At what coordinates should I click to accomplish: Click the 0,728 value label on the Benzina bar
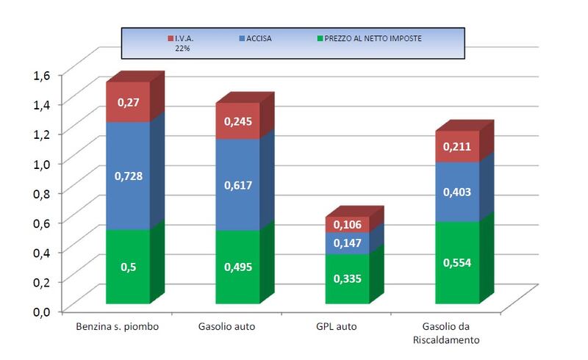128,176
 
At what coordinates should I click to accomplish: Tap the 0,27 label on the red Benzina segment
128,102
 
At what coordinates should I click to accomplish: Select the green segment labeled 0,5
128,266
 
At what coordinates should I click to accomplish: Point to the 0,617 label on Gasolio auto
238,185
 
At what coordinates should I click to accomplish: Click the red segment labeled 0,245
237,120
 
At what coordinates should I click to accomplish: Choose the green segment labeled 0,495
237,267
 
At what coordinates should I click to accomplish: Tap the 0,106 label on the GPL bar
347,225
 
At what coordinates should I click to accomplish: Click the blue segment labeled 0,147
347,243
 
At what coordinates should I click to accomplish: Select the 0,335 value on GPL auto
347,278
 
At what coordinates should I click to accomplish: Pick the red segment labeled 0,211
457,146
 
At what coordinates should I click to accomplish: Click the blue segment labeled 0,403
457,192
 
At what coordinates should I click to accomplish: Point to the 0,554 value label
457,262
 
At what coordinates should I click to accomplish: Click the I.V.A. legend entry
180,43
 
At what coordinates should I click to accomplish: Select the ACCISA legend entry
255,38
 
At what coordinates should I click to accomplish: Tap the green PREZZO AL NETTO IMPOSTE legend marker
320,38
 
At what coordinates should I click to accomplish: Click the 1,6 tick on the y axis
42,76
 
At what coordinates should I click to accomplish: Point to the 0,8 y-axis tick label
42,193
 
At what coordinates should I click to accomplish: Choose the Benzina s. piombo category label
118,326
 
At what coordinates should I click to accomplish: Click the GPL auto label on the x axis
337,326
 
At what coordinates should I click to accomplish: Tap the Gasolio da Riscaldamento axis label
446,333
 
